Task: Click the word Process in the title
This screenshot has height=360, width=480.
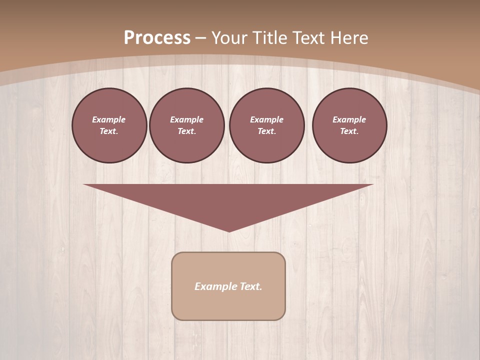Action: point(157,38)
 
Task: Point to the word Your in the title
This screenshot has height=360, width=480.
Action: point(229,38)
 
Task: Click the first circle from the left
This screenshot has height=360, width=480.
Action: point(109,125)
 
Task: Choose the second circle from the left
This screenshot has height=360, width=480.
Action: point(186,125)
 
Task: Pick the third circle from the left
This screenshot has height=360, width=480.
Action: point(266,125)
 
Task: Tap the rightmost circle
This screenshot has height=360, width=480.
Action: point(349,125)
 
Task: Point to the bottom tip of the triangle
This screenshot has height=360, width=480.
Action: point(229,230)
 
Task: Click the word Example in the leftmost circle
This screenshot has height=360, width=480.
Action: point(109,119)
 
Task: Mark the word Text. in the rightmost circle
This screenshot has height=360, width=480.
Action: point(349,131)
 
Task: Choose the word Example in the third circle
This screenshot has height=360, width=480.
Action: point(266,119)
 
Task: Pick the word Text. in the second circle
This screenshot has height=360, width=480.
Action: point(186,131)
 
